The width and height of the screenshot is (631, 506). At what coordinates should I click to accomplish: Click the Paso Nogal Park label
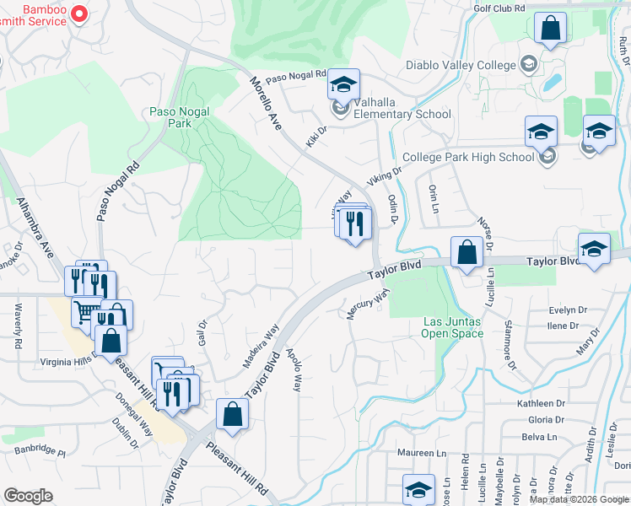tap(179, 117)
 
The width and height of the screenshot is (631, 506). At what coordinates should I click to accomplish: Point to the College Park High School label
tap(468, 157)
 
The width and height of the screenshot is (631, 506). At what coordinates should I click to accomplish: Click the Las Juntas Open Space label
tap(452, 327)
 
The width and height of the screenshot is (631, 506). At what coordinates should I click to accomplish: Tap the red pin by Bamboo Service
tap(78, 13)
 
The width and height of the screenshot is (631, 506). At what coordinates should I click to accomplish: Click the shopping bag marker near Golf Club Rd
tap(550, 28)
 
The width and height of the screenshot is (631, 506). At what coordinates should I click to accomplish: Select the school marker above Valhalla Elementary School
tap(343, 84)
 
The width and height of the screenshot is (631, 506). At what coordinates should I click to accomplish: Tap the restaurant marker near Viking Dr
tap(355, 223)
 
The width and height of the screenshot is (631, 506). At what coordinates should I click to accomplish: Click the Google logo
tap(28, 496)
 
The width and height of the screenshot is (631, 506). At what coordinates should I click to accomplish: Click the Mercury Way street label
tap(369, 304)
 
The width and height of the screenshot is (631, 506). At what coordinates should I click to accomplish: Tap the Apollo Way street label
tap(293, 370)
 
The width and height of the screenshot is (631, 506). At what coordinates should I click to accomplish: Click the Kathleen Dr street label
tap(541, 404)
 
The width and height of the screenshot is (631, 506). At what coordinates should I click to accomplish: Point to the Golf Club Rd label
tap(500, 8)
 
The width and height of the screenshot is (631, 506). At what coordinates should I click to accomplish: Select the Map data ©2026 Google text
tap(579, 499)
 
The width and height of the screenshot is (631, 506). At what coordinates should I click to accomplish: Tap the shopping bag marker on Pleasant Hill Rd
tap(232, 415)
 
